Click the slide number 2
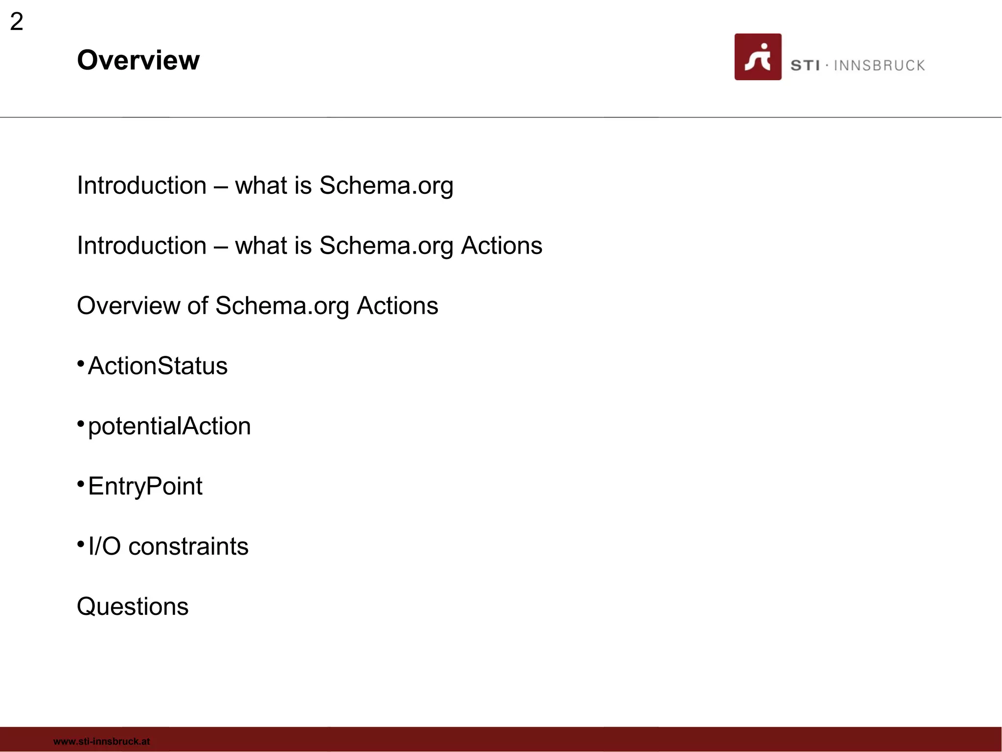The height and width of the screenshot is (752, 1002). pos(17,22)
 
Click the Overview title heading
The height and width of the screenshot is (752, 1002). pos(138,60)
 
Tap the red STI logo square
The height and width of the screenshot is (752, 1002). pos(757,57)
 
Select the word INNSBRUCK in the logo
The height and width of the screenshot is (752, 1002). pos(879,66)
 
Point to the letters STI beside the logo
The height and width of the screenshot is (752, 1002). pos(805,66)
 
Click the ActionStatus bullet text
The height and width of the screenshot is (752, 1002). pos(158,366)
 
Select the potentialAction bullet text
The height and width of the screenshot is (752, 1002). pos(169,426)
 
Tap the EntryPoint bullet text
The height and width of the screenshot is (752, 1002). pos(145,487)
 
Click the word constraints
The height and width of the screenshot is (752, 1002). pos(188,546)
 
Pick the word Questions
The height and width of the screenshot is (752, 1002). pos(133,607)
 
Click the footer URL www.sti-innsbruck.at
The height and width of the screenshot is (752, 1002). pos(102,741)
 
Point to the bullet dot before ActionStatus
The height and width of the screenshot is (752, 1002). pos(81,363)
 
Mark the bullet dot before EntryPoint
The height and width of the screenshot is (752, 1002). pos(81,484)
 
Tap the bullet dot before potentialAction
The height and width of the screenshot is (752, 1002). pos(81,423)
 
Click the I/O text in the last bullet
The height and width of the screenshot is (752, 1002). pos(104,546)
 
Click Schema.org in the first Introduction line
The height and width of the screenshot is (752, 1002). pos(386,186)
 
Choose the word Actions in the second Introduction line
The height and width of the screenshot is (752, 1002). pos(501,246)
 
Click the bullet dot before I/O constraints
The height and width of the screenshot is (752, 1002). pos(81,544)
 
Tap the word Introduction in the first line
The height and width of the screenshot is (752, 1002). pos(142,186)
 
